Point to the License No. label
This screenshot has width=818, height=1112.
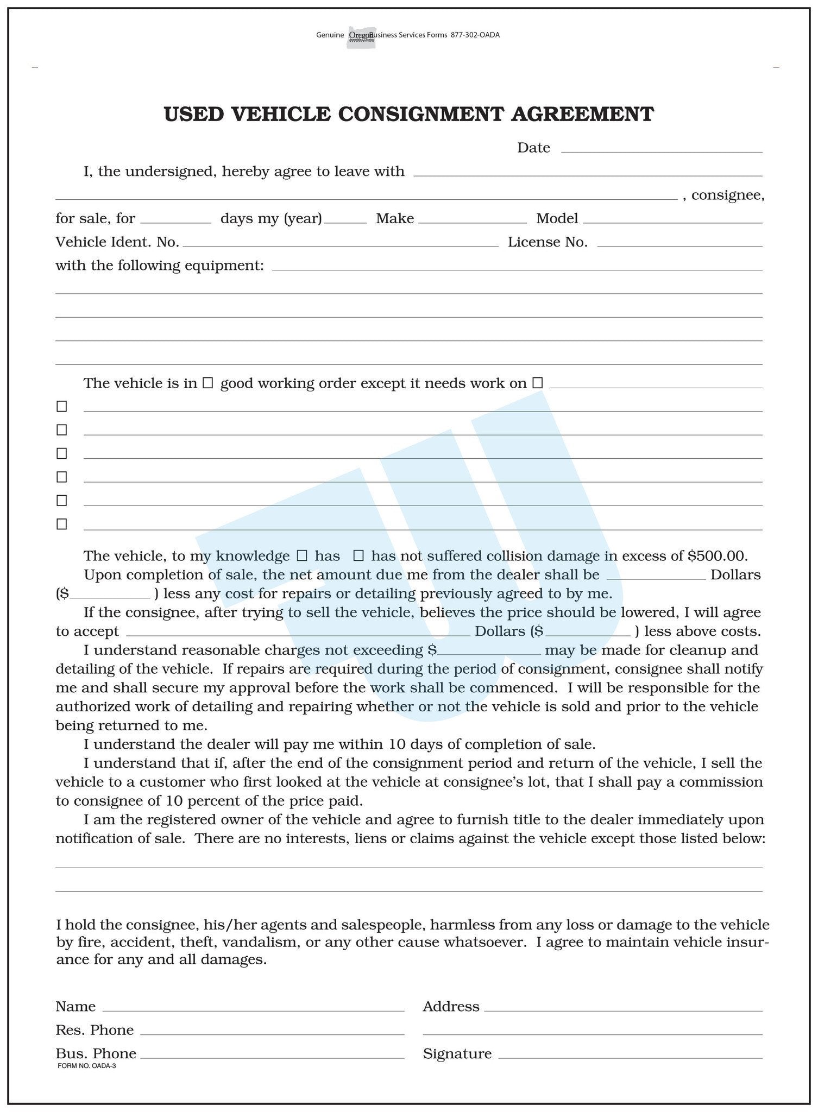(548, 242)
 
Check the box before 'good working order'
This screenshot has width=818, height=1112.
(207, 383)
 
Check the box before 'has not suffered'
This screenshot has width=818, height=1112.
(358, 556)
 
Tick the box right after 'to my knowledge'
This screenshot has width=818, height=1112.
(302, 556)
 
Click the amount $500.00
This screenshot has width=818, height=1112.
(718, 556)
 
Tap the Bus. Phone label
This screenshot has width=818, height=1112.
(96, 1054)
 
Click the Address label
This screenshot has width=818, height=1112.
(451, 1007)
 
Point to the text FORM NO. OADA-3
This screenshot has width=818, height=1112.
(86, 1066)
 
